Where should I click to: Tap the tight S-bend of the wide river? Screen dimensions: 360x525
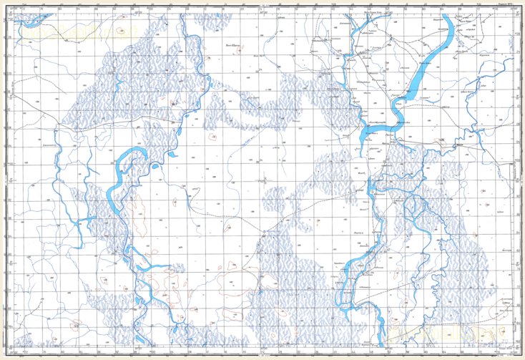click(x=396, y=115)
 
